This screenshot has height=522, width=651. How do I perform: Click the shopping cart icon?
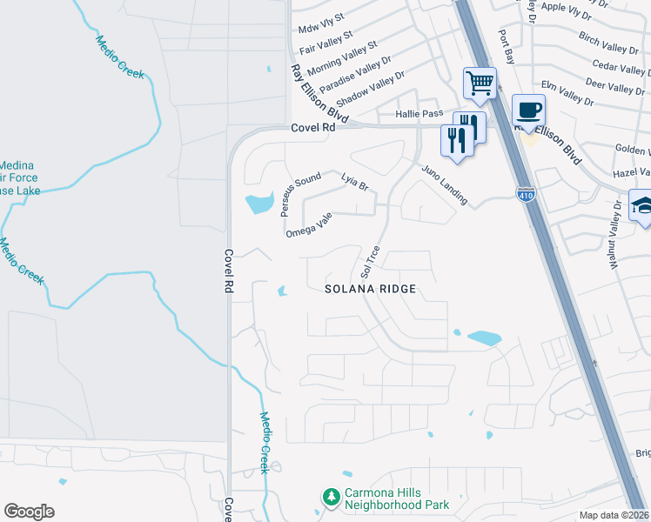tap(480, 84)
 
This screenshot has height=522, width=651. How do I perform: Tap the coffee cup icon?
tap(528, 110)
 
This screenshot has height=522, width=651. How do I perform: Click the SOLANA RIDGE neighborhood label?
tap(369, 288)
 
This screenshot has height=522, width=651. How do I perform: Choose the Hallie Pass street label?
tap(419, 114)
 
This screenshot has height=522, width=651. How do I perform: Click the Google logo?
tap(30, 511)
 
